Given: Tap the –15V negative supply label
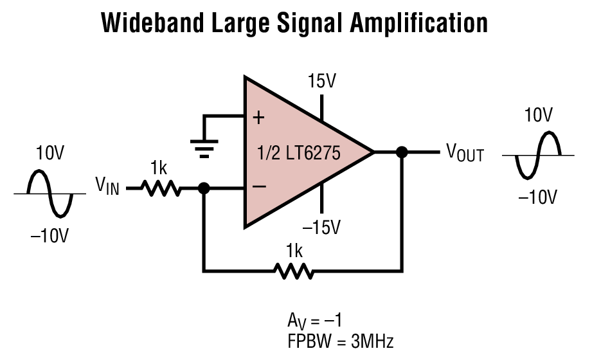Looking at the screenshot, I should point(322,228).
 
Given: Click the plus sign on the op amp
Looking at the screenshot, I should point(258,118).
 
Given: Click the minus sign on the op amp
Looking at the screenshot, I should point(258,187).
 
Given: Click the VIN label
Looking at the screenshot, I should point(107,187).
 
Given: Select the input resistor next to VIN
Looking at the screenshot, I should point(160,188).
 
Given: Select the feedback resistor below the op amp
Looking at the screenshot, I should point(294,271).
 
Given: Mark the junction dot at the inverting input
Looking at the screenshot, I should point(204,188).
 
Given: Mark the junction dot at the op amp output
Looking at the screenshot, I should point(402,152).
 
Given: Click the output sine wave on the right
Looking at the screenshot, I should point(538,155).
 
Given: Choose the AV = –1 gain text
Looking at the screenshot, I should point(318,321).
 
